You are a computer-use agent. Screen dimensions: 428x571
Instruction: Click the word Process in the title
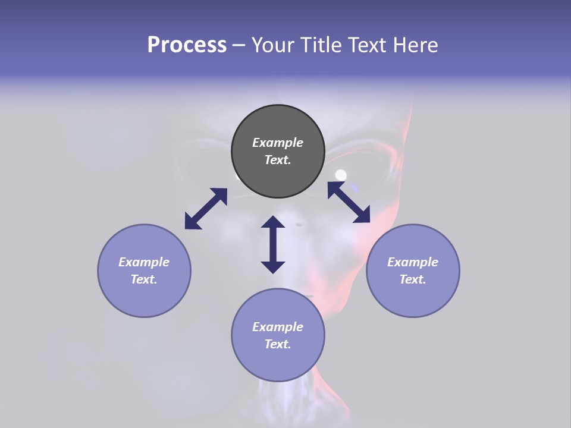pyautogui.click(x=187, y=45)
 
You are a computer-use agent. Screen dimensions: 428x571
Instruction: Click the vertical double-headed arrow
pyautogui.click(x=273, y=244)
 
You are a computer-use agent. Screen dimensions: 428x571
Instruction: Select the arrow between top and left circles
pyautogui.click(x=206, y=209)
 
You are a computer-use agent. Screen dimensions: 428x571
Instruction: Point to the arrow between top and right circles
pyautogui.click(x=349, y=202)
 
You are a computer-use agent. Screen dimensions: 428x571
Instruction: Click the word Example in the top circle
pyautogui.click(x=278, y=143)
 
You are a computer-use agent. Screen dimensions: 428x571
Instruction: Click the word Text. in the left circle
pyautogui.click(x=144, y=279)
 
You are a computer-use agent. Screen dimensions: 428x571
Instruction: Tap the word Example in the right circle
pyautogui.click(x=413, y=262)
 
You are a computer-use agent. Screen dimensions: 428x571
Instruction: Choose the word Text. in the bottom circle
pyautogui.click(x=278, y=344)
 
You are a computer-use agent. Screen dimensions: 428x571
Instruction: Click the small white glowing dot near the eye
pyautogui.click(x=341, y=175)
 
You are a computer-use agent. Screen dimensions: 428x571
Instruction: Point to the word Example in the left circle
pyautogui.click(x=144, y=262)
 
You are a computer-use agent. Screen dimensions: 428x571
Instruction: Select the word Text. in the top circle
pyautogui.click(x=278, y=160)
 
